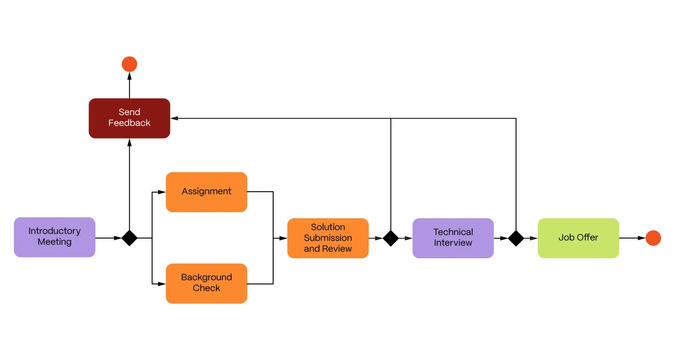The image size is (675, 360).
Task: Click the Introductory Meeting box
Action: click(54, 237)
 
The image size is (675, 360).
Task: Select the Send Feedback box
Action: click(129, 118)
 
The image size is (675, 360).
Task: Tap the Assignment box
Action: click(207, 192)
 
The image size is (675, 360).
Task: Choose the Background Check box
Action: click(207, 283)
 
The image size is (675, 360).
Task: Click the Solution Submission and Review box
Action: click(328, 238)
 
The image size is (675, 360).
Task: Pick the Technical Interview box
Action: click(453, 238)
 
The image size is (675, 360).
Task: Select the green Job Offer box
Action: click(578, 238)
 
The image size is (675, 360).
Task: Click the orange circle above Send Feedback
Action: click(129, 64)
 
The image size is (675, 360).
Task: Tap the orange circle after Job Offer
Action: click(653, 238)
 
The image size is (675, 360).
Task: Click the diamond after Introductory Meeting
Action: click(130, 238)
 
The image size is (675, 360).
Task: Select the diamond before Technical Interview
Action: click(391, 238)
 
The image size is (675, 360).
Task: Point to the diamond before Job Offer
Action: click(516, 238)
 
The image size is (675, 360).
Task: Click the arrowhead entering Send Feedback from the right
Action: click(175, 118)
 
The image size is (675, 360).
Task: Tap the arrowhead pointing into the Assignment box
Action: click(162, 192)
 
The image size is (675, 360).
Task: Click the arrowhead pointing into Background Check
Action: click(162, 284)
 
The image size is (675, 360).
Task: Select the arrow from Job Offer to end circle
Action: click(632, 238)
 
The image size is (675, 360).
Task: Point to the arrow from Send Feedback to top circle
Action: click(130, 85)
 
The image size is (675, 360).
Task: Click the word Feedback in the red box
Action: click(129, 123)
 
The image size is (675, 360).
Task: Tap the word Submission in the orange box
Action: click(328, 238)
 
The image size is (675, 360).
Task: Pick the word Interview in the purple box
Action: click(453, 243)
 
